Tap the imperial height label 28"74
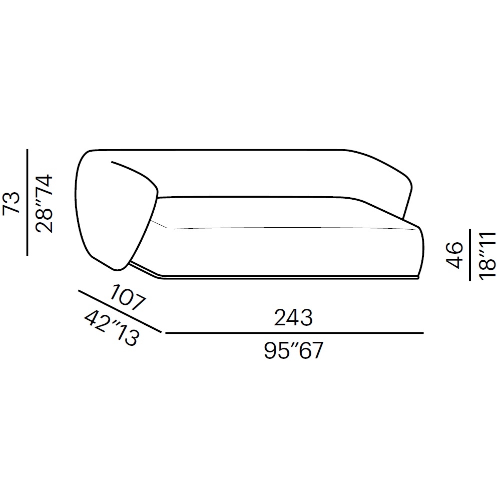pos(44,204)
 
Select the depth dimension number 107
pos(128,298)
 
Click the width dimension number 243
pos(293,317)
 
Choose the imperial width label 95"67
pos(293,350)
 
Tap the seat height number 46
pos(454,255)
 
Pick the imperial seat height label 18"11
pos(487,256)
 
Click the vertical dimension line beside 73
pos(28,202)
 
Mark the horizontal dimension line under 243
pos(294,333)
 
